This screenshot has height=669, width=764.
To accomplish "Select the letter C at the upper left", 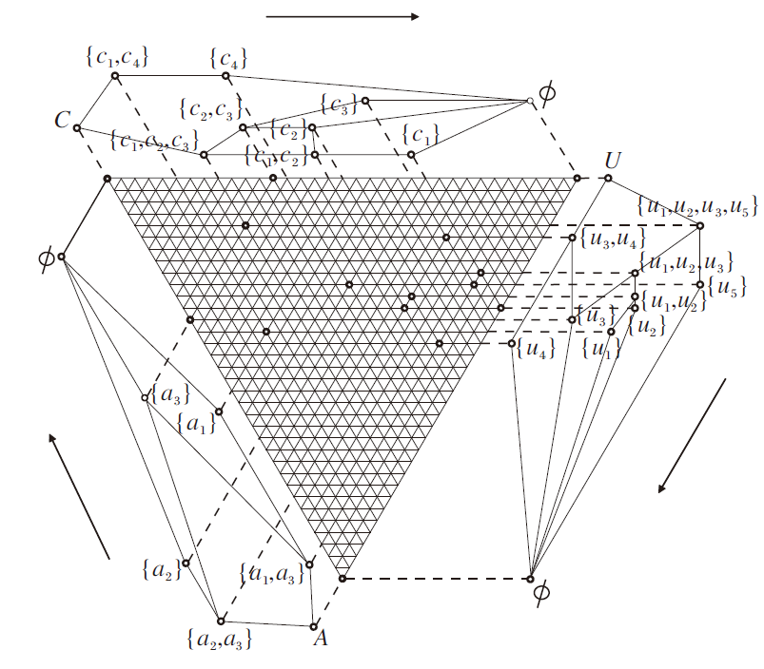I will (63, 120).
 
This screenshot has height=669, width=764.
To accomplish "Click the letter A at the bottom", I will (321, 639).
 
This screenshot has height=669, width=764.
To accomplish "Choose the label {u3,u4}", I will (605, 238).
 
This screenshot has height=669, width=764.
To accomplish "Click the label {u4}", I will (535, 348).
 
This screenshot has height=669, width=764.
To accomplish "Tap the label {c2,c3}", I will (210, 109).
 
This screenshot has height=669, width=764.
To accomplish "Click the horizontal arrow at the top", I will (343, 16).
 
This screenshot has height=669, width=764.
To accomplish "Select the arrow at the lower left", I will (80, 495).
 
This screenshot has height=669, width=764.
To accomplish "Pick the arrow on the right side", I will (692, 435).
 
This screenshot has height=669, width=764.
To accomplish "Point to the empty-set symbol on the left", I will (43, 258).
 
